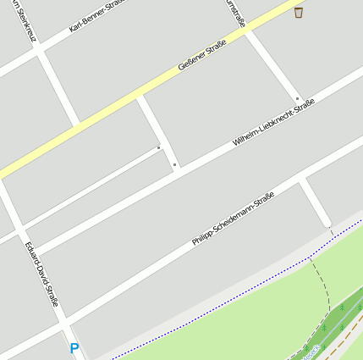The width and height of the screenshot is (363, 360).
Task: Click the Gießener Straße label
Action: point(202,56)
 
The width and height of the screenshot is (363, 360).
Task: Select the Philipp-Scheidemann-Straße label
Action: point(233,219)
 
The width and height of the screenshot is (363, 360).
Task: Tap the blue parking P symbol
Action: point(74,347)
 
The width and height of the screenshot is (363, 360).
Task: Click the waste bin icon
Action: point(299,12)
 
